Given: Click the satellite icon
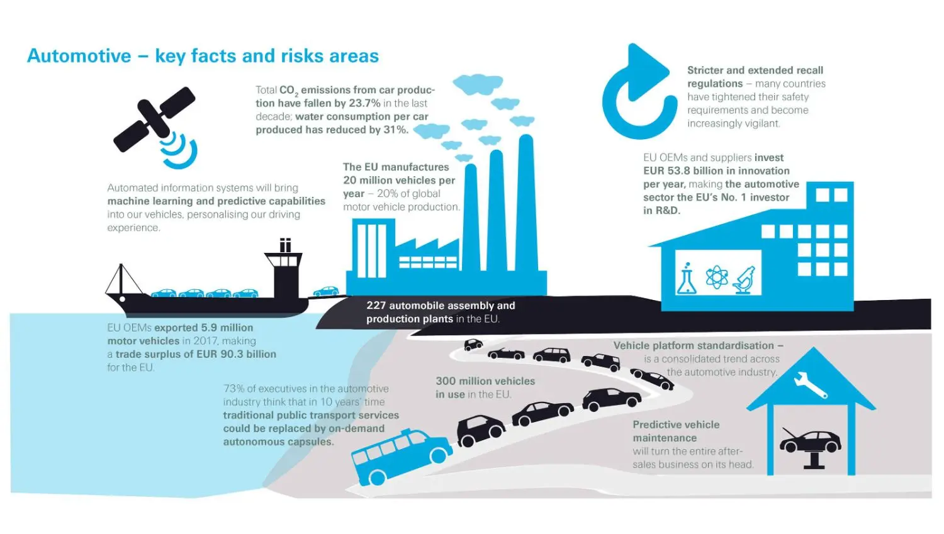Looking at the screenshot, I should [155, 120].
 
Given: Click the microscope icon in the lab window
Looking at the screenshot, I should [745, 279].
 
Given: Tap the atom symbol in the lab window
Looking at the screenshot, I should [716, 277].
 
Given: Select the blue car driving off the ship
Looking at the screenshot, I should [326, 291].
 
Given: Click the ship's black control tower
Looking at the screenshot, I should [284, 270].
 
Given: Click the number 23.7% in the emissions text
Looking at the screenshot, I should [364, 103].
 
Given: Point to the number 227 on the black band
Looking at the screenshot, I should [376, 306].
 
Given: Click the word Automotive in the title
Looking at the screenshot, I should [79, 56].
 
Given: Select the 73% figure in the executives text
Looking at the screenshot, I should [233, 389].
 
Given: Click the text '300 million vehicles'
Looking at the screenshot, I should [485, 381].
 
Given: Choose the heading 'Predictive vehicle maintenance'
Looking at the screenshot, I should [676, 431].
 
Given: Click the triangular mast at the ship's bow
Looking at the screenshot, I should [121, 280].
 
